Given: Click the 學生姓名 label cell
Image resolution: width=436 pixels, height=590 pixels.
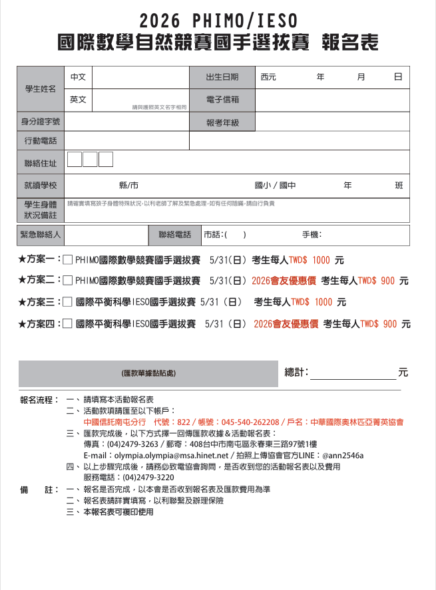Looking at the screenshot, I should click(x=40, y=88).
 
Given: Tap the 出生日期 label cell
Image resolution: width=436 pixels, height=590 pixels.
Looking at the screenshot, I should click(x=222, y=77).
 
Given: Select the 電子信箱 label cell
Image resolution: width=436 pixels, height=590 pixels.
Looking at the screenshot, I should click(x=222, y=100).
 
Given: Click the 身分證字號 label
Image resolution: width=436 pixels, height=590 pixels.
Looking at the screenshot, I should click(x=40, y=122).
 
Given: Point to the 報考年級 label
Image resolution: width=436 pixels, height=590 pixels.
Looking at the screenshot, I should click(x=222, y=122).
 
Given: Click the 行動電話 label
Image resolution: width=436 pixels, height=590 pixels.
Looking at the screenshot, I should click(x=40, y=141).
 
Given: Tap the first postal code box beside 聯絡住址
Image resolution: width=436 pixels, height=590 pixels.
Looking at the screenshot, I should click(x=75, y=160).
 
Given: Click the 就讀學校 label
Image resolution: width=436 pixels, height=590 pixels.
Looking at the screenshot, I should click(x=40, y=186).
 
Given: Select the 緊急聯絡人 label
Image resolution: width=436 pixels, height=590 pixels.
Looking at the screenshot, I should click(x=40, y=235).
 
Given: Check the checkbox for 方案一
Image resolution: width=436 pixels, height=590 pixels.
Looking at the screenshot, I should click(x=67, y=260).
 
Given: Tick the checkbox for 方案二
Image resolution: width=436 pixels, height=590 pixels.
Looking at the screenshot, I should click(x=67, y=281).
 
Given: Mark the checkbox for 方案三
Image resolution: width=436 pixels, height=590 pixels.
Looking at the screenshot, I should click(x=67, y=302).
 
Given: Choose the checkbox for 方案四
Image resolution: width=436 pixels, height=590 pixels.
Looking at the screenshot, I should click(x=67, y=324).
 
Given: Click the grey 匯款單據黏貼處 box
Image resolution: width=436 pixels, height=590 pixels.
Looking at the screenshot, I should click(x=148, y=374).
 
